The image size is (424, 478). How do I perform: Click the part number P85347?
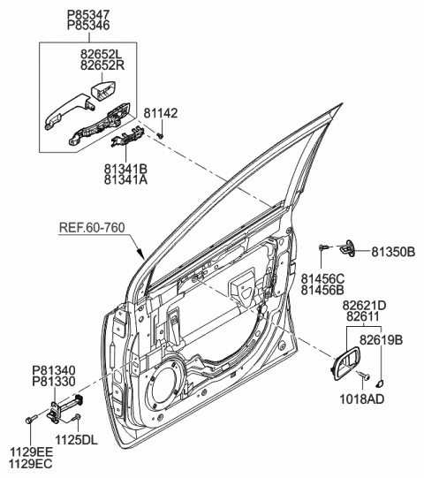(88, 15)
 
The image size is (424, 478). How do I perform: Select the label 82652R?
(102, 65)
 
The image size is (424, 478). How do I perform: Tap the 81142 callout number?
(161, 113)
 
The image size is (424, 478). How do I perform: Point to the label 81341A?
(125, 179)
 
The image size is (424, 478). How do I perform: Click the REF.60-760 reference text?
(92, 227)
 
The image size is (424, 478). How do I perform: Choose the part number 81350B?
(393, 252)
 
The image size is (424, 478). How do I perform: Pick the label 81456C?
(322, 278)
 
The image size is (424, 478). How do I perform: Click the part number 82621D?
(364, 305)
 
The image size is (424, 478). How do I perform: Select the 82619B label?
(381, 340)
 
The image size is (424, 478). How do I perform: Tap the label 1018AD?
(362, 399)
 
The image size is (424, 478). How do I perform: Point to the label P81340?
(54, 370)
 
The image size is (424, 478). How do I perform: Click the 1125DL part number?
(76, 440)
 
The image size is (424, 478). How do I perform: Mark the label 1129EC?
(31, 464)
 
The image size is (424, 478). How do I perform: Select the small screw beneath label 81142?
(161, 135)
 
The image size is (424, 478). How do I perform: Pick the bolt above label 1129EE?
(31, 419)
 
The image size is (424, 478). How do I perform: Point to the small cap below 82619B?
(380, 383)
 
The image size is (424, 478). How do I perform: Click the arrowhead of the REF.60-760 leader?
(140, 254)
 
